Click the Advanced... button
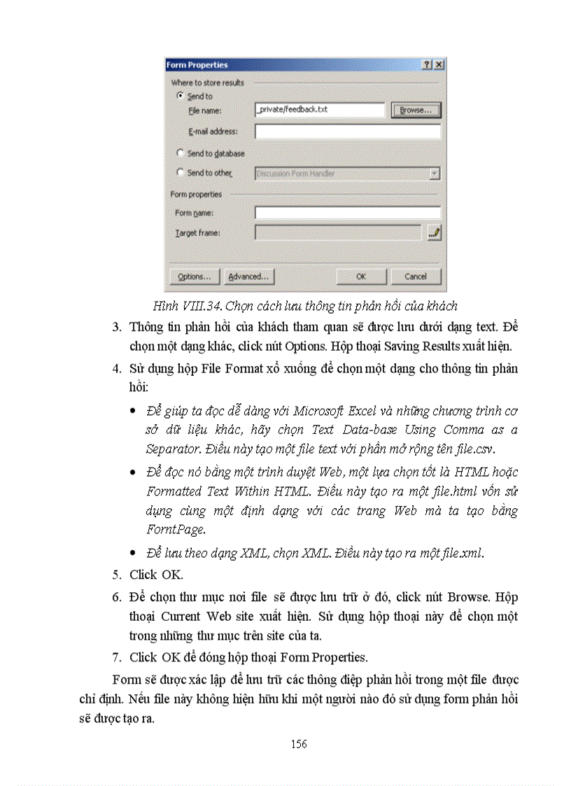pyautogui.click(x=248, y=276)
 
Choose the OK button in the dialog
pyautogui.click(x=361, y=276)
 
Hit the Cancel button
pyautogui.click(x=416, y=276)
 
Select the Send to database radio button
pyautogui.click(x=181, y=153)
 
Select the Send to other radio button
pyautogui.click(x=181, y=172)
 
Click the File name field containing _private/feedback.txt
pyautogui.click(x=320, y=110)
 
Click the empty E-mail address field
pyautogui.click(x=347, y=132)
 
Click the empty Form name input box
pyautogui.click(x=347, y=213)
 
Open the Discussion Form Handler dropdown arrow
pyautogui.click(x=435, y=173)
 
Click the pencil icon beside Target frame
pyautogui.click(x=435, y=232)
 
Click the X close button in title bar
pyautogui.click(x=439, y=64)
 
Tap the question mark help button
pyautogui.click(x=427, y=64)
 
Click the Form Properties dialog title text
pyautogui.click(x=197, y=65)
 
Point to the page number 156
pyautogui.click(x=299, y=744)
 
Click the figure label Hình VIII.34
pyautogui.click(x=183, y=305)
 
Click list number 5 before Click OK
pyautogui.click(x=117, y=575)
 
